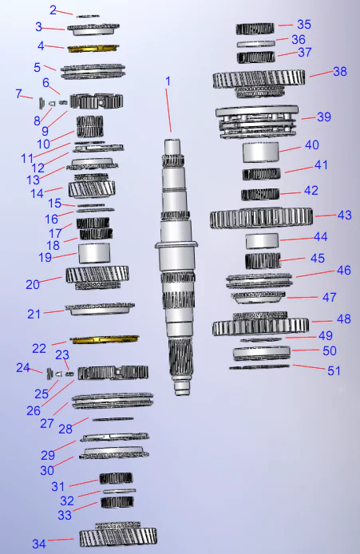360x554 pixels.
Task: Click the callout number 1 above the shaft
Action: click(168, 81)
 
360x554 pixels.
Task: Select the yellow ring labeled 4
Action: click(93, 48)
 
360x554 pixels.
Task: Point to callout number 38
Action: click(340, 70)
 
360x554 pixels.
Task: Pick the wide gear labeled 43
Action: click(260, 218)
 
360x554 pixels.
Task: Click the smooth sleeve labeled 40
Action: click(261, 152)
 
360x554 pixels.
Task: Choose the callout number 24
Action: click(24, 367)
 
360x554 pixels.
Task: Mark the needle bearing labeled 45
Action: click(262, 260)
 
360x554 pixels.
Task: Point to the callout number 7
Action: click(18, 93)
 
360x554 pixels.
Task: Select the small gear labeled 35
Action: click(255, 29)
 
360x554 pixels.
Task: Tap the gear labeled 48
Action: click(260, 326)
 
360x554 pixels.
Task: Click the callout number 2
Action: click(53, 10)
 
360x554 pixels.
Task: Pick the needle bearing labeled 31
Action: click(116, 478)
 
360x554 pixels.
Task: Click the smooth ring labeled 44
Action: click(262, 239)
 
